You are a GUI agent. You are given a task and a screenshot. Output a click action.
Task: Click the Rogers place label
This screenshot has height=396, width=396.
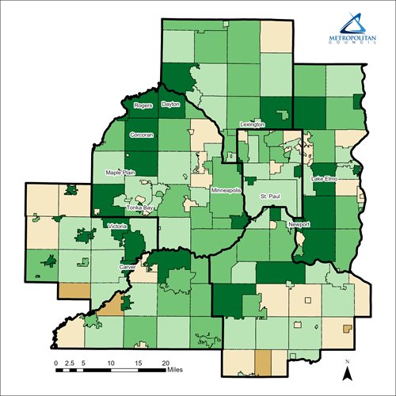(x=143, y=105)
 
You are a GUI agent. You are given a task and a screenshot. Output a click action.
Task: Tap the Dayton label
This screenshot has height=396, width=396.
(x=170, y=105)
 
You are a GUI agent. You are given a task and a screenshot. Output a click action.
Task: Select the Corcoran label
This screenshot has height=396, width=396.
(x=141, y=135)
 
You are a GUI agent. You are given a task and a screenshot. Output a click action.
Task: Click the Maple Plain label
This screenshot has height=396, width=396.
(x=121, y=172)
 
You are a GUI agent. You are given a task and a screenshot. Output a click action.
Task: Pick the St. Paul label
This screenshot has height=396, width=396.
(x=270, y=194)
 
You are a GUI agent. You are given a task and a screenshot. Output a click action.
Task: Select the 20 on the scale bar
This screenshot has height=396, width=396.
(x=166, y=362)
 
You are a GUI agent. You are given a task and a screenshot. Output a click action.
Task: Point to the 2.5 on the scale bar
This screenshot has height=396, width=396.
(x=69, y=362)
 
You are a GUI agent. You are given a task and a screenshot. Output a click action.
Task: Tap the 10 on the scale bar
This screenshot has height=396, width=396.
(x=112, y=362)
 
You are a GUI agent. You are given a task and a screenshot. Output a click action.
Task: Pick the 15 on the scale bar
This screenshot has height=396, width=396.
(x=139, y=362)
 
